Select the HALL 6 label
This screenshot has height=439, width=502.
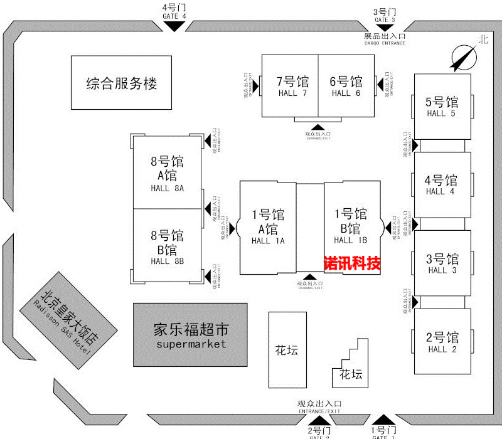click(346, 93)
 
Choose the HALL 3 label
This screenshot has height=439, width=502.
click(442, 270)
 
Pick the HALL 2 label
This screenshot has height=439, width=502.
click(442, 349)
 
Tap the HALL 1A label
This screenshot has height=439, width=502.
click(268, 241)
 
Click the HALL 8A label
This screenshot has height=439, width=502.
click(167, 188)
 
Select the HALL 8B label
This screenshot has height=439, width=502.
click(167, 261)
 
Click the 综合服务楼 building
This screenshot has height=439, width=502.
click(121, 83)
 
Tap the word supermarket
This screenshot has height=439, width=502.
click(191, 344)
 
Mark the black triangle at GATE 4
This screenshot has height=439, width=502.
click(174, 26)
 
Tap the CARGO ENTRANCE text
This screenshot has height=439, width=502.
click(385, 43)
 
